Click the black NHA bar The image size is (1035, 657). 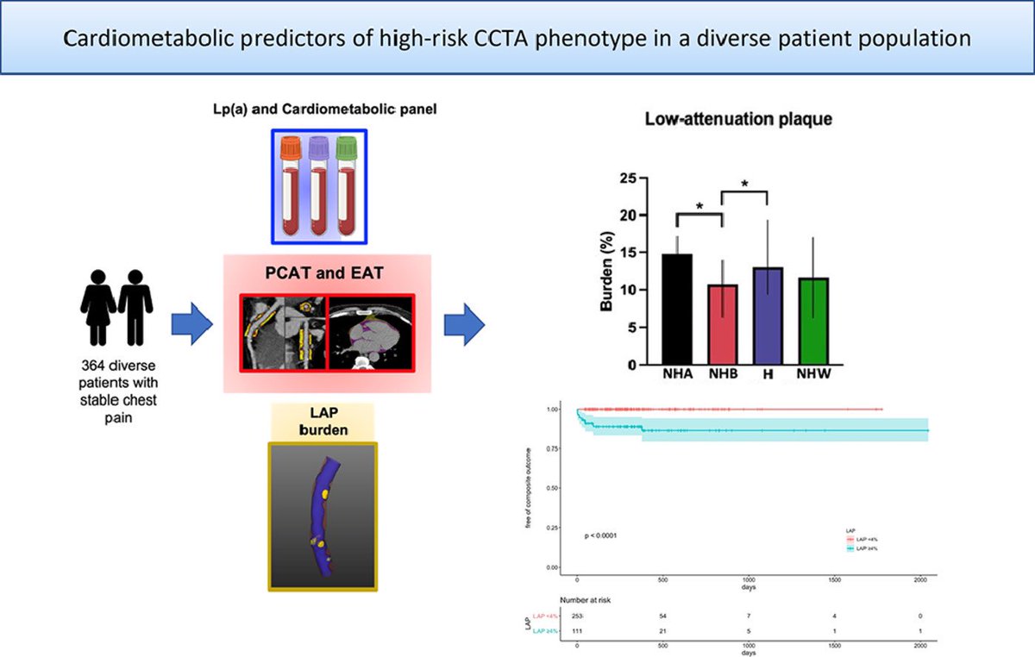click(676, 309)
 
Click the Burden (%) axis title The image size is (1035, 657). click(607, 271)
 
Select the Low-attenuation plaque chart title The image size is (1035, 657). click(738, 120)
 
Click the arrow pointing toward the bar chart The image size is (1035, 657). click(464, 324)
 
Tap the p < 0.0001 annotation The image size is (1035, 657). click(601, 535)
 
